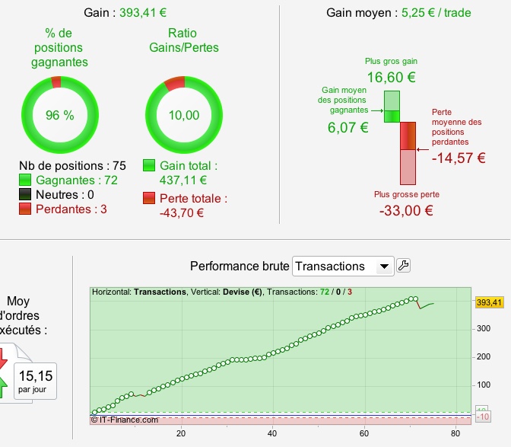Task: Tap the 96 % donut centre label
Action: point(59,115)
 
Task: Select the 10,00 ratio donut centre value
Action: point(184,115)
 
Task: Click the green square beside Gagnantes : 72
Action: point(25,180)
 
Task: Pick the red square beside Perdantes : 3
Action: point(25,210)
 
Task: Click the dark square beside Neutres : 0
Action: point(25,195)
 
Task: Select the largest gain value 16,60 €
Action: point(391,77)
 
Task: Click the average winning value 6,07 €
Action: point(348,128)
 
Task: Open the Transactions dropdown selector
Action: point(342,266)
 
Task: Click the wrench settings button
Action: point(404,266)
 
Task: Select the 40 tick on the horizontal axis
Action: point(272,434)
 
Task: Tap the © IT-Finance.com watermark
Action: point(124,420)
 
